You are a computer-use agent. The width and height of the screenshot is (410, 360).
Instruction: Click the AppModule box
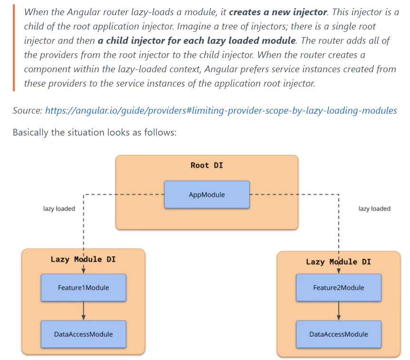(x=206, y=195)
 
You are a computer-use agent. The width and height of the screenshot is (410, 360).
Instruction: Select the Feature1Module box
(x=83, y=288)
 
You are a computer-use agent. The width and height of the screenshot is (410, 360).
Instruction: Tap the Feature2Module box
(x=338, y=288)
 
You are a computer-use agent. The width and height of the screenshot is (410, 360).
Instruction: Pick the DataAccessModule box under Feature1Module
(x=83, y=334)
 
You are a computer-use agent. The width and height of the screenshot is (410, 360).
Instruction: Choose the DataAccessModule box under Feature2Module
(x=338, y=334)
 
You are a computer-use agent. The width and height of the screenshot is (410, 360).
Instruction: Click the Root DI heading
(x=206, y=165)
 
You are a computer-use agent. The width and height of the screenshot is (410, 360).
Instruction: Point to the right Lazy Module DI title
(x=338, y=262)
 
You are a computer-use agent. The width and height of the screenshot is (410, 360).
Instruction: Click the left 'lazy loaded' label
(x=59, y=209)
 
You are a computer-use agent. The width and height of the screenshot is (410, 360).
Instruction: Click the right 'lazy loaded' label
(x=374, y=209)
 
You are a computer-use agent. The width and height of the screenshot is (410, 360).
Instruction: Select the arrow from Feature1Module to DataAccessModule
(x=84, y=311)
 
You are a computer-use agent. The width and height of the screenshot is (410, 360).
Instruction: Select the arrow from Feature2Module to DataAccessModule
(x=339, y=311)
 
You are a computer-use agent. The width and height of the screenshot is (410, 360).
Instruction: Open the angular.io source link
(x=221, y=111)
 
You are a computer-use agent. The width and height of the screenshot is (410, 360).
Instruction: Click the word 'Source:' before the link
(x=28, y=111)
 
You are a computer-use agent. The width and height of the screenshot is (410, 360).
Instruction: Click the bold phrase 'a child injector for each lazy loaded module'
(x=197, y=40)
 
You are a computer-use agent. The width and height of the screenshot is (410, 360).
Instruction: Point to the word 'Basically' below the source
(x=30, y=132)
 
